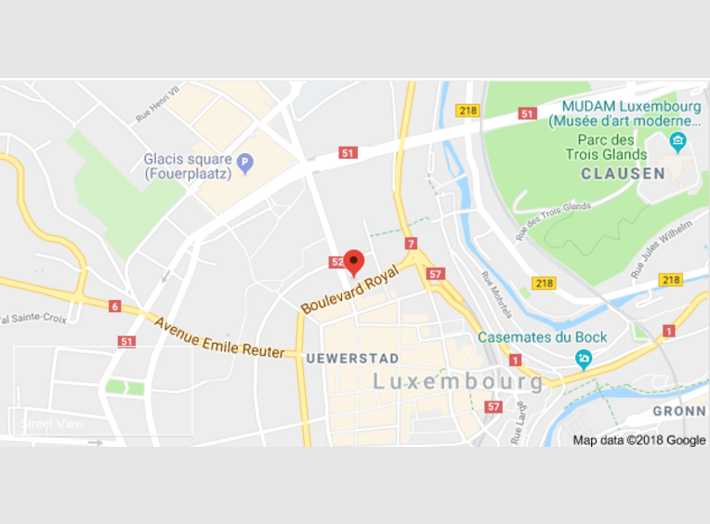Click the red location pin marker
(x=353, y=261)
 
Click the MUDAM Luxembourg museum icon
(x=677, y=141)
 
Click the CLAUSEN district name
(x=623, y=174)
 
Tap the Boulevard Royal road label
(x=349, y=290)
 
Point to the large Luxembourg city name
(x=458, y=382)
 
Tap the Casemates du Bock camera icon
(x=584, y=359)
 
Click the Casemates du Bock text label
(x=542, y=337)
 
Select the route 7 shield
(x=411, y=244)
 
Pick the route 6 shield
(x=114, y=307)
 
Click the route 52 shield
(x=336, y=263)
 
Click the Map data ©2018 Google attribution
(x=639, y=440)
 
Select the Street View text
(x=52, y=424)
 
